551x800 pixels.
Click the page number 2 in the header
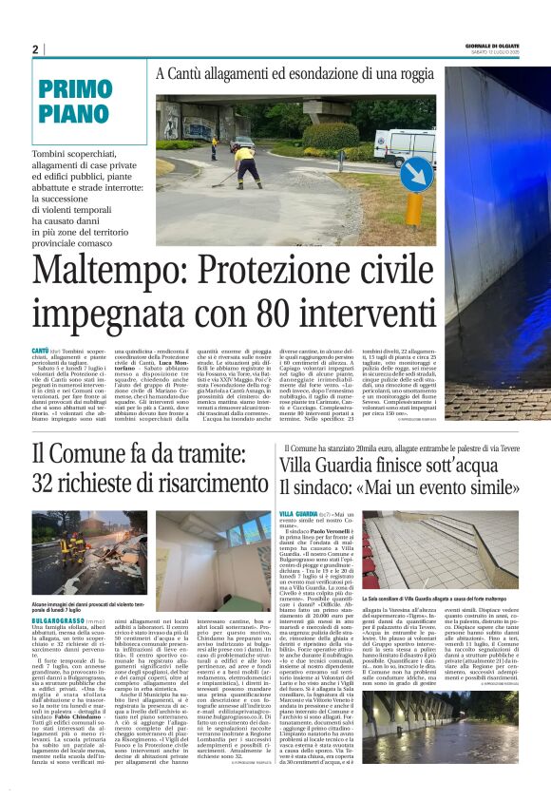pyautogui.click(x=35, y=49)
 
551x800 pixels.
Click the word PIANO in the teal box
pyautogui.click(x=75, y=116)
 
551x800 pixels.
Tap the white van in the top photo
pyautogui.click(x=403, y=145)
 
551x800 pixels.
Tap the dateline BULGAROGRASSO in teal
pyautogui.click(x=59, y=619)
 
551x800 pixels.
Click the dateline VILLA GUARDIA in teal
pyautogui.click(x=299, y=514)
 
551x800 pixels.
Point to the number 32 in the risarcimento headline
pyautogui.click(x=47, y=484)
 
